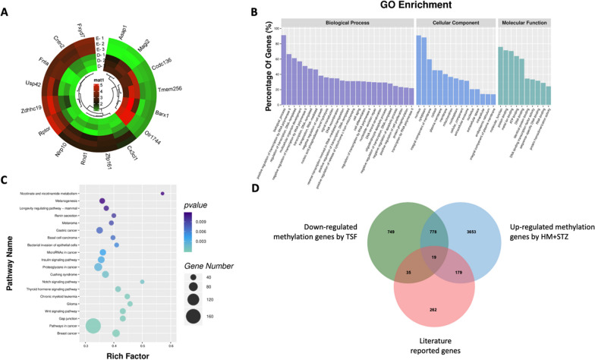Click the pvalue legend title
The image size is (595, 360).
pos(197,205)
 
